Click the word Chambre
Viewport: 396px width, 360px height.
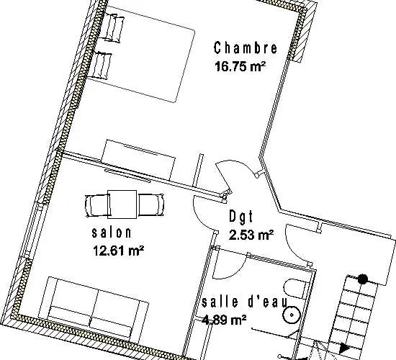pyautogui.click(x=246, y=48)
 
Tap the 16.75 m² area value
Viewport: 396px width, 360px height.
pyautogui.click(x=240, y=66)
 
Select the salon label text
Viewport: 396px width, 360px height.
pyautogui.click(x=112, y=233)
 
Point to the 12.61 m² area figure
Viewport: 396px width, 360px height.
pyautogui.click(x=119, y=251)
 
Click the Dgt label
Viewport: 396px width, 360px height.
pyautogui.click(x=240, y=217)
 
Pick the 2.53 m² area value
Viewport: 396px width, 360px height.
pyautogui.click(x=251, y=235)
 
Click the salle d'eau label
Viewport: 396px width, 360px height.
pyautogui.click(x=245, y=302)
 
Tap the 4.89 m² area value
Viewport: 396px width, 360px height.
pyautogui.click(x=224, y=320)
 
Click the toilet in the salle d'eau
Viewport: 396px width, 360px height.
pyautogui.click(x=295, y=289)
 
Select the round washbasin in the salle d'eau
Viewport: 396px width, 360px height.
pyautogui.click(x=292, y=315)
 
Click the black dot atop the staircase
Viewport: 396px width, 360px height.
pyautogui.click(x=363, y=279)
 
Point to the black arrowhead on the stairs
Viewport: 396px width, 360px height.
pyautogui.click(x=344, y=348)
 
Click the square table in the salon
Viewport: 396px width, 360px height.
pyautogui.click(x=122, y=204)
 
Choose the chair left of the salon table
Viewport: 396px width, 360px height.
pyautogui.click(x=97, y=205)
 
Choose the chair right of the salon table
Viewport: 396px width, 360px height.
pyautogui.click(x=151, y=205)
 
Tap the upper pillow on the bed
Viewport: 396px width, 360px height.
pyautogui.click(x=114, y=28)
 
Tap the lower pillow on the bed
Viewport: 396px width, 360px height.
pyautogui.click(x=101, y=66)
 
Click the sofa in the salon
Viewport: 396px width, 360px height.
pyautogui.click(x=93, y=307)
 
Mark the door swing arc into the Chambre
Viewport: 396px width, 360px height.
pyautogui.click(x=238, y=165)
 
